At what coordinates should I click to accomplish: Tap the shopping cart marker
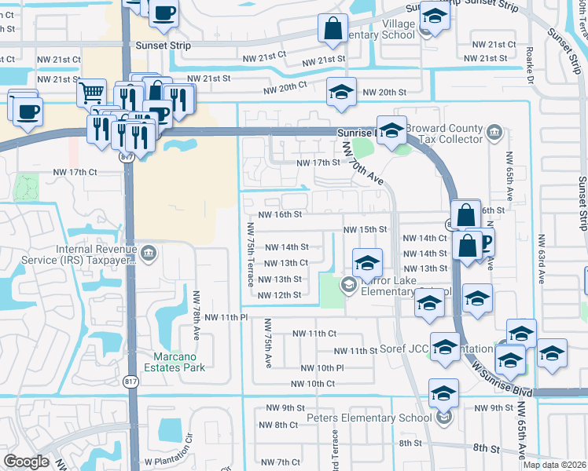click(x=91, y=93)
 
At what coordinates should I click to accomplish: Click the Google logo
click(x=26, y=462)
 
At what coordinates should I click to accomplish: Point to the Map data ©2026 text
click(x=554, y=465)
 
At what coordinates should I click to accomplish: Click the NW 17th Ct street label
click(x=75, y=172)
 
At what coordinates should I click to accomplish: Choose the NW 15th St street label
click(x=365, y=229)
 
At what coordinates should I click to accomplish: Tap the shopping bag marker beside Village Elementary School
click(x=333, y=29)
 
